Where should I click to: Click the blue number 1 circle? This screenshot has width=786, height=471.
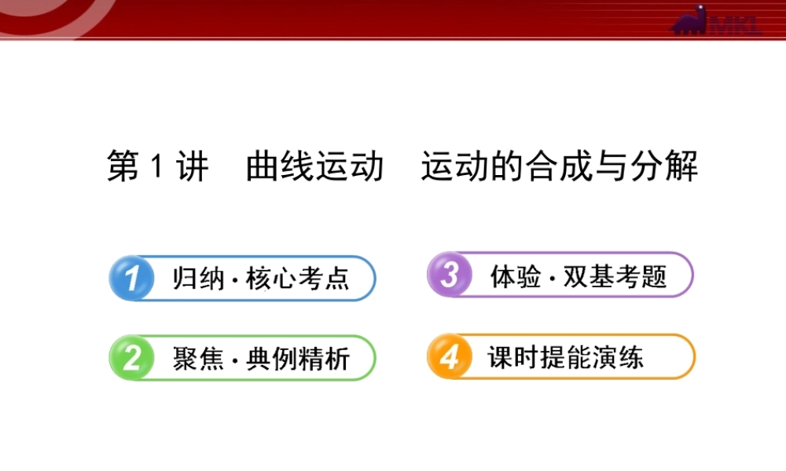(x=131, y=278)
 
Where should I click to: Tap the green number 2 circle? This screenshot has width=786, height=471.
(x=131, y=358)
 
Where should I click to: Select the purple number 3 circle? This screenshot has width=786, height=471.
(x=450, y=275)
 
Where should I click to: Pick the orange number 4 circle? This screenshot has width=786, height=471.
(x=450, y=357)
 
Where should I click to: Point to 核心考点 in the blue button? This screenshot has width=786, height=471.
(x=297, y=279)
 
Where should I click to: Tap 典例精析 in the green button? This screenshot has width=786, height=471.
(x=297, y=359)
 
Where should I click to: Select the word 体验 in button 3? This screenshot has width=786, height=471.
(x=515, y=276)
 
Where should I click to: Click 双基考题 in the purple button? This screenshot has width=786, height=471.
(x=615, y=276)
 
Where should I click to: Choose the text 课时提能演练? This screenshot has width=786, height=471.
(x=564, y=358)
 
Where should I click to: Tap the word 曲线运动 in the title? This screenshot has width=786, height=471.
(x=314, y=167)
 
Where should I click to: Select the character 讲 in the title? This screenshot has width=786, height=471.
(x=193, y=167)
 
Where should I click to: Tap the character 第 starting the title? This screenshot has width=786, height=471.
(x=123, y=167)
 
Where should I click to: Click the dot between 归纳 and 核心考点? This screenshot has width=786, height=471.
(x=235, y=280)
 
